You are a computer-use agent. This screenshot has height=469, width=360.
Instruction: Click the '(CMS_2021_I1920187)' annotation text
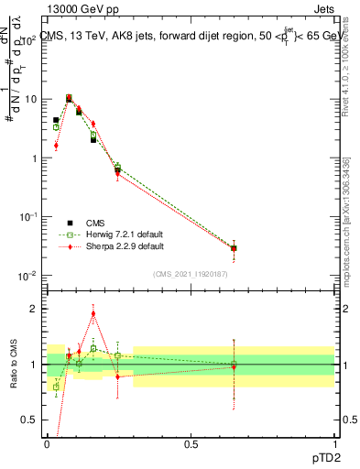pyautogui.click(x=191, y=273)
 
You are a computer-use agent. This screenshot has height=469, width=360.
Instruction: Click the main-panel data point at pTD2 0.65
pyautogui.click(x=234, y=248)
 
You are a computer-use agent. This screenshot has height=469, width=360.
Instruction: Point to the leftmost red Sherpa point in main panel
pyautogui.click(x=56, y=145)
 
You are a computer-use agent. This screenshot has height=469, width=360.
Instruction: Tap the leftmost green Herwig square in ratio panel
pyautogui.click(x=56, y=387)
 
